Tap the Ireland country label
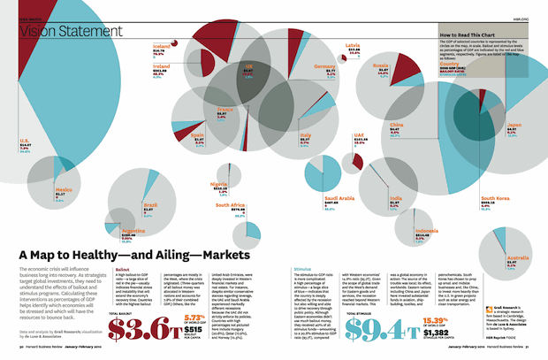pyautogui.click(x=162, y=66)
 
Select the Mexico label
pyautogui.click(x=65, y=189)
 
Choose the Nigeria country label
pyautogui.click(x=219, y=184)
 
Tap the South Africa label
pyautogui.click(x=231, y=205)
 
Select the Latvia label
pyautogui.click(x=353, y=46)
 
